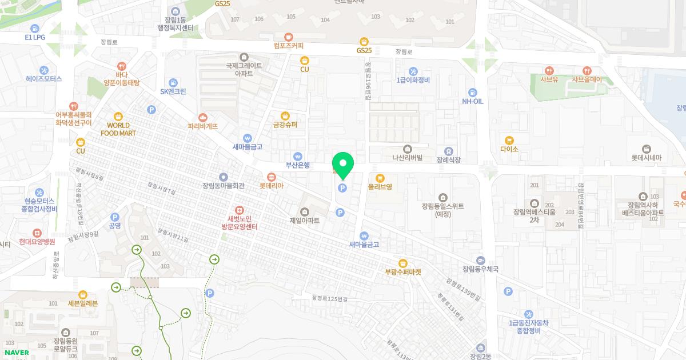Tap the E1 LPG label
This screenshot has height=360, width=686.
point(35,37)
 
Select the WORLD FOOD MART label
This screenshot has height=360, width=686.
point(118,129)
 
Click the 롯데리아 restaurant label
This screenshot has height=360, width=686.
point(271,186)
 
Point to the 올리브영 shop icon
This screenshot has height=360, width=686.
point(380,178)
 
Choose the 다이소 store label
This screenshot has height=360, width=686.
point(509,149)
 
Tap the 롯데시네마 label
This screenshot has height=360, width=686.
point(646,158)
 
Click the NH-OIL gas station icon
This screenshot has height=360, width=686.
point(472,93)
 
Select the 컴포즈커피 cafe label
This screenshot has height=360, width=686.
point(289,46)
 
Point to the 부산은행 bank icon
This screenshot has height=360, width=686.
point(297,157)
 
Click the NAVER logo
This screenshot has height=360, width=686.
point(17,353)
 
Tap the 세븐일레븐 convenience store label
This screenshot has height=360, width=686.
point(83,303)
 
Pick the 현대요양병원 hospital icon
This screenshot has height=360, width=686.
point(37,233)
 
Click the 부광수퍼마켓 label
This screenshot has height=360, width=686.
point(403,273)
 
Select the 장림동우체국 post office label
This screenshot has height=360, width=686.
point(480,269)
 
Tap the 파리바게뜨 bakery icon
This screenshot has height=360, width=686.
point(202,118)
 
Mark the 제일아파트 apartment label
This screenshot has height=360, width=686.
point(305,221)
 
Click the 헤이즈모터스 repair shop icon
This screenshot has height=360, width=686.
point(43,79)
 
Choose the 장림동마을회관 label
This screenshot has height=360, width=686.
point(224,186)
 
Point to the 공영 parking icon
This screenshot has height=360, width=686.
point(115,217)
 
